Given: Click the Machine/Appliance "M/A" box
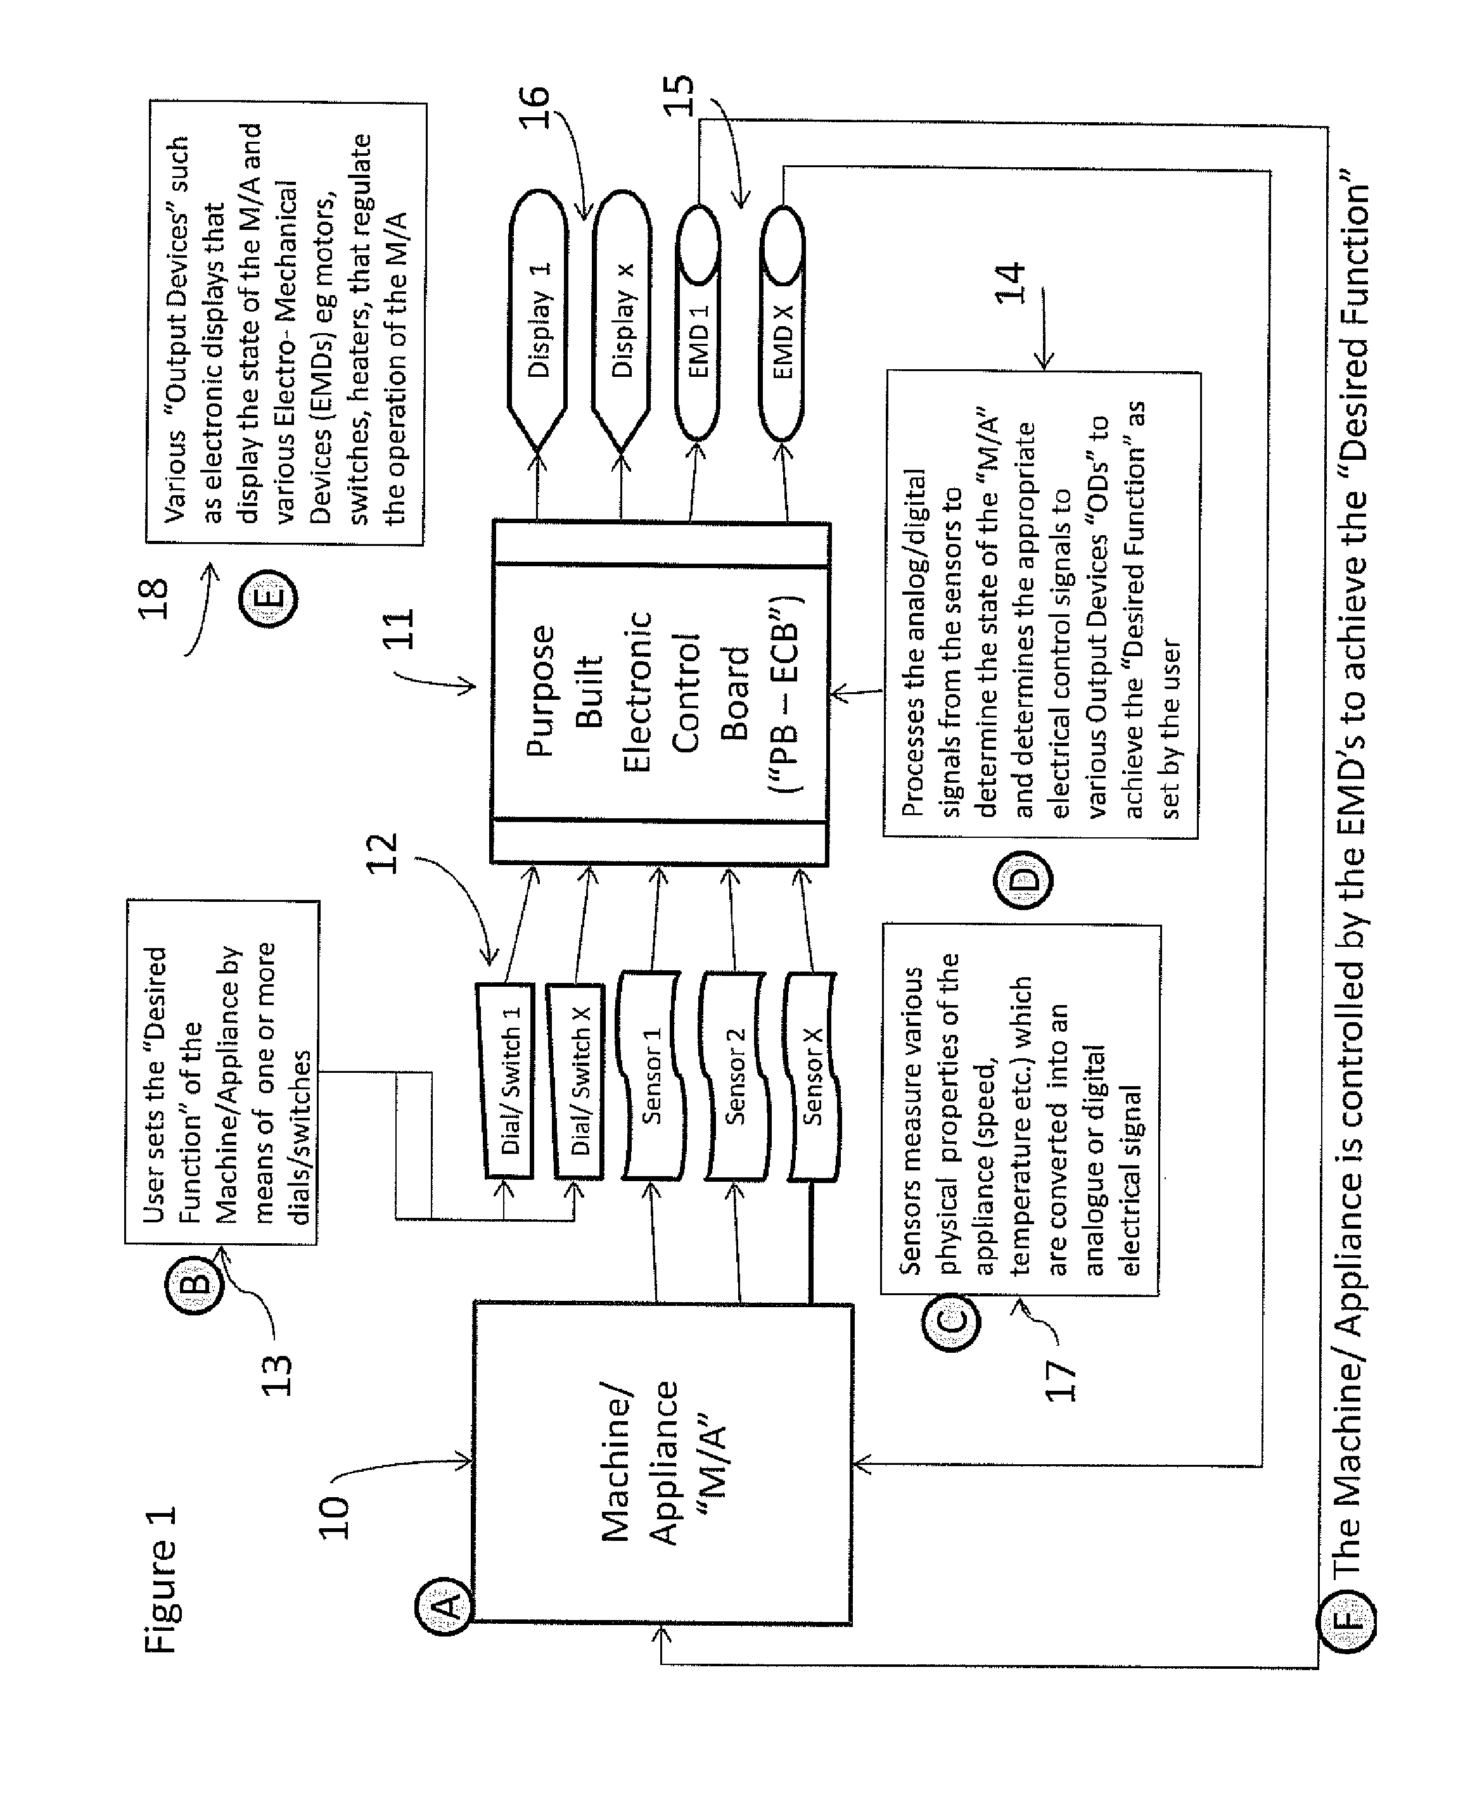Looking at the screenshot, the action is click(x=662, y=1464).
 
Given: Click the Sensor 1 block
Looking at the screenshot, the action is click(x=652, y=1075).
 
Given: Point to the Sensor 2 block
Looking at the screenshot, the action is click(x=736, y=1075).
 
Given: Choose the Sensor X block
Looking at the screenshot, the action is click(x=812, y=1075).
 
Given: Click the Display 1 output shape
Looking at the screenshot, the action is click(x=538, y=321).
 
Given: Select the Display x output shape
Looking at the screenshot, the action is click(x=622, y=321).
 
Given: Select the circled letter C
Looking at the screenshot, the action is click(x=950, y=1320).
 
